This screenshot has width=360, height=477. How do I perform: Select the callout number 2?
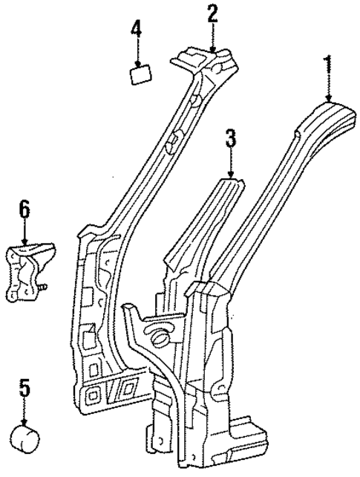pyautogui.click(x=212, y=13)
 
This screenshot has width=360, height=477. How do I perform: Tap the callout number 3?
pyautogui.click(x=231, y=138)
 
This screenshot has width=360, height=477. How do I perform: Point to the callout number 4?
pyautogui.click(x=137, y=30)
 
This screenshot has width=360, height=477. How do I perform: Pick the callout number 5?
pyautogui.click(x=24, y=388)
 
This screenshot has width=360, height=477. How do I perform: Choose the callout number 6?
pyautogui.click(x=24, y=210)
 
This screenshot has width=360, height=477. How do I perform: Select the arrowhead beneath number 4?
pyautogui.click(x=137, y=63)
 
